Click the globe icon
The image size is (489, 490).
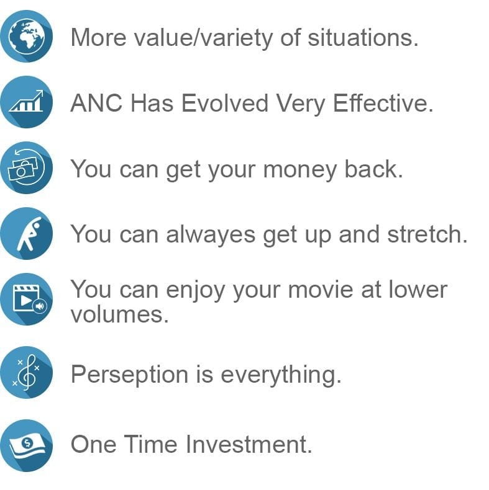pos(26,36)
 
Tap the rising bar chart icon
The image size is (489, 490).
pos(26,102)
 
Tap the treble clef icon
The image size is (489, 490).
pos(26,372)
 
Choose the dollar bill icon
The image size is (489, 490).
pos(26,445)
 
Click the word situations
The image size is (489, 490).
pos(363,37)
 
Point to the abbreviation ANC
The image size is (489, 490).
pos(97,103)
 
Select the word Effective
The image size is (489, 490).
pos(383,103)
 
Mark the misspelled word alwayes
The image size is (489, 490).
pos(211,234)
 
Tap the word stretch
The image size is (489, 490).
pos(427,234)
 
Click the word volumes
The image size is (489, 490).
pos(119,314)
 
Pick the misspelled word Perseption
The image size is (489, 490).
pos(129,375)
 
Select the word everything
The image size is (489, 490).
pos(281,375)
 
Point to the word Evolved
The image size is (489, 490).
pos(225,103)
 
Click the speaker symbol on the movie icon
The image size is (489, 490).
pos(40,306)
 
